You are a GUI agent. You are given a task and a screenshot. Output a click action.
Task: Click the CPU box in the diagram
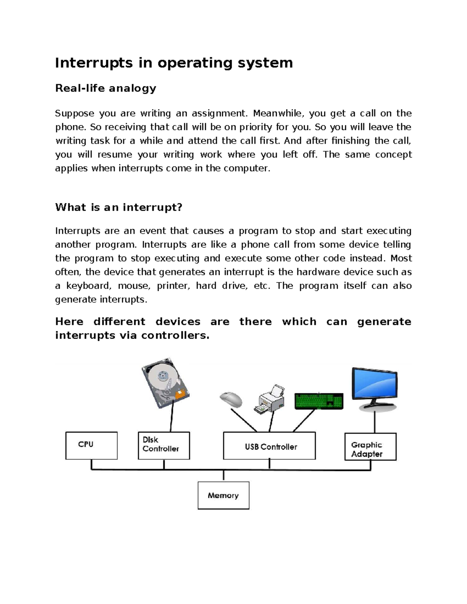click(x=91, y=445)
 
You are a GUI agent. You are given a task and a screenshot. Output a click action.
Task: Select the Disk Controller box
click(x=164, y=445)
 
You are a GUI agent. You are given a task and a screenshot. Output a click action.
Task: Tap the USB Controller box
click(x=269, y=446)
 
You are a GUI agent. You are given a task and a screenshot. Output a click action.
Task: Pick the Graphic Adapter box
click(x=370, y=446)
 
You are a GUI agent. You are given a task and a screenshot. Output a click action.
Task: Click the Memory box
click(x=223, y=495)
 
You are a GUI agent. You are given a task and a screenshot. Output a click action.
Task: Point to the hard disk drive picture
click(x=165, y=383)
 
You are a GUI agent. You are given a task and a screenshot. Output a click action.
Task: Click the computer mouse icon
click(x=231, y=399)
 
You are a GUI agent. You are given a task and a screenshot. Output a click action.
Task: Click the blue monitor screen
click(x=374, y=384)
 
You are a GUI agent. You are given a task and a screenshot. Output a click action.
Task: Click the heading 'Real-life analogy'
click(x=105, y=88)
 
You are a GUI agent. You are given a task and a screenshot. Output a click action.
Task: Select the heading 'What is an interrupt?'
click(x=119, y=207)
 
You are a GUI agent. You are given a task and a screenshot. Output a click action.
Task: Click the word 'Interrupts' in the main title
click(x=94, y=63)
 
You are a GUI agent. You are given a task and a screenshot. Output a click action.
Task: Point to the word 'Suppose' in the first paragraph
click(x=74, y=114)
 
